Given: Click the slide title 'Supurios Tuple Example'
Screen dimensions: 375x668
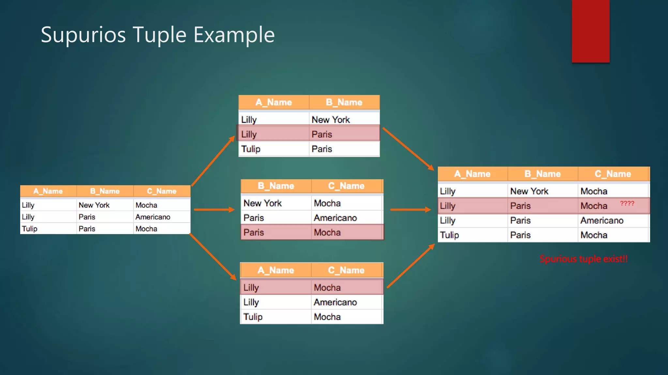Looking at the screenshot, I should (x=158, y=35).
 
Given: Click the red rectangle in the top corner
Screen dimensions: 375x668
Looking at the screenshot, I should (x=590, y=31).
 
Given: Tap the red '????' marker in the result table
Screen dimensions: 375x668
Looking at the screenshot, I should (x=627, y=203).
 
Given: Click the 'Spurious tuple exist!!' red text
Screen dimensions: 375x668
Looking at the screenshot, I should (x=584, y=259).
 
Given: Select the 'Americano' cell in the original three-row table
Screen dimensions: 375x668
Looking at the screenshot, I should (x=153, y=217).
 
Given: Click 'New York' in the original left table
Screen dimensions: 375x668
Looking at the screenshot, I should (x=94, y=205).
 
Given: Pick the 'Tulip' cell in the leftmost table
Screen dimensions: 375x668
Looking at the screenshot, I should (x=30, y=229).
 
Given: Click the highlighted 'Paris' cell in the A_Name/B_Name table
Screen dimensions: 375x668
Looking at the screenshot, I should (x=322, y=134).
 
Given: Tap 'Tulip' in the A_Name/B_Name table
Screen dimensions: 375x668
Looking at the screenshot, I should (x=250, y=149).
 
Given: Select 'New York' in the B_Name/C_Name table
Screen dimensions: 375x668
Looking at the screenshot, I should (x=263, y=203).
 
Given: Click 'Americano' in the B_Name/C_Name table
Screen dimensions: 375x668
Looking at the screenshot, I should (x=335, y=218).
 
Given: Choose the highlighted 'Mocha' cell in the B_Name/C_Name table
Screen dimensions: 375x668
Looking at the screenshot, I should (x=327, y=233).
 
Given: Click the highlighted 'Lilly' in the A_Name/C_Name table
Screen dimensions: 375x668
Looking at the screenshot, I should (x=251, y=288).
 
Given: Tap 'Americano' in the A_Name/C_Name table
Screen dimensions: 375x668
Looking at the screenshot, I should (x=335, y=302).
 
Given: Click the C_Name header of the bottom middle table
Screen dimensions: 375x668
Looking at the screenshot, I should (x=346, y=270).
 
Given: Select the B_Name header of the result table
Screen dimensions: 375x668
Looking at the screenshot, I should (x=542, y=174).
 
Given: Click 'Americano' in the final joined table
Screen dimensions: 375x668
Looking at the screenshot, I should (x=602, y=221).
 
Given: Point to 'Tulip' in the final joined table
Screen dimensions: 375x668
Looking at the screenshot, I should (x=449, y=235).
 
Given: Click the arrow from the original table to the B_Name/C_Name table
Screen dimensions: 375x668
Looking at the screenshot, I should (x=214, y=210).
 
